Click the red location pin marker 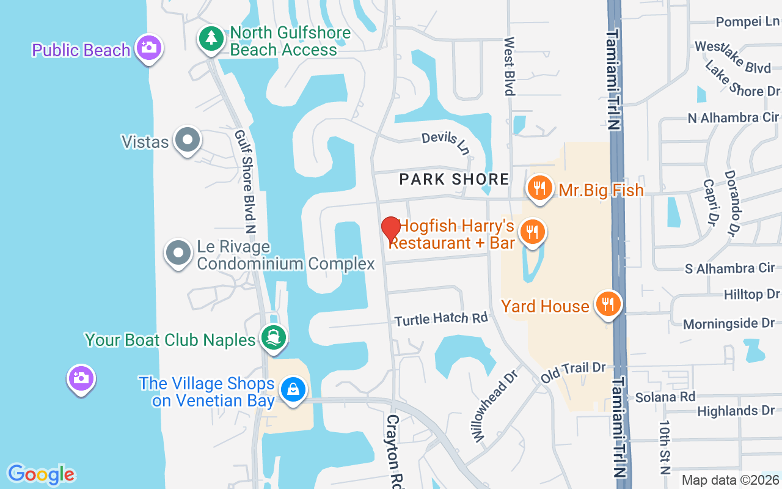[391, 229]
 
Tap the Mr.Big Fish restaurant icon [539, 188]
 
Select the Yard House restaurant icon [607, 303]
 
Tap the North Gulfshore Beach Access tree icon [211, 39]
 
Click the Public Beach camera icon [148, 47]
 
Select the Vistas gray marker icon [187, 140]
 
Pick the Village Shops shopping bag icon [293, 389]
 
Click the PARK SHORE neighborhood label [454, 179]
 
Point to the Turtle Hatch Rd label [441, 318]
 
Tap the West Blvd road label [509, 66]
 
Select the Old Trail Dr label [572, 371]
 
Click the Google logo [42, 474]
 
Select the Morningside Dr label [729, 323]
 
